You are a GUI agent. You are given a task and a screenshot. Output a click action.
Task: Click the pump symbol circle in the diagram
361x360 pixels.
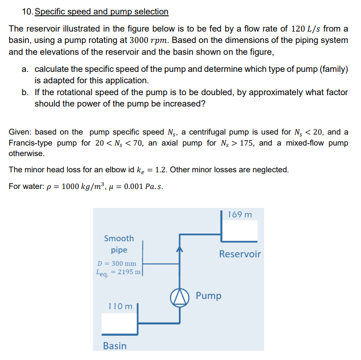178,296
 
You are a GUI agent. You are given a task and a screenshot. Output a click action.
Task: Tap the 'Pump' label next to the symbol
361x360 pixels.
209,296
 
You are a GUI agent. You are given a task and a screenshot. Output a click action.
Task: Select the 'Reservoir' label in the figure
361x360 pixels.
240,254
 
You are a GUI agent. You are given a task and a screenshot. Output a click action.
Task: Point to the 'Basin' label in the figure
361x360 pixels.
114,346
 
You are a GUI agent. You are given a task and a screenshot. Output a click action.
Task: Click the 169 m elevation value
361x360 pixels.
240,214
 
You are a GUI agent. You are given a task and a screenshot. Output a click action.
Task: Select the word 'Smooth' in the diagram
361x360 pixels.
119,239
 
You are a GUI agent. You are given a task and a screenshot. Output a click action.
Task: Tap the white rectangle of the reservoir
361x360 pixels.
240,229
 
